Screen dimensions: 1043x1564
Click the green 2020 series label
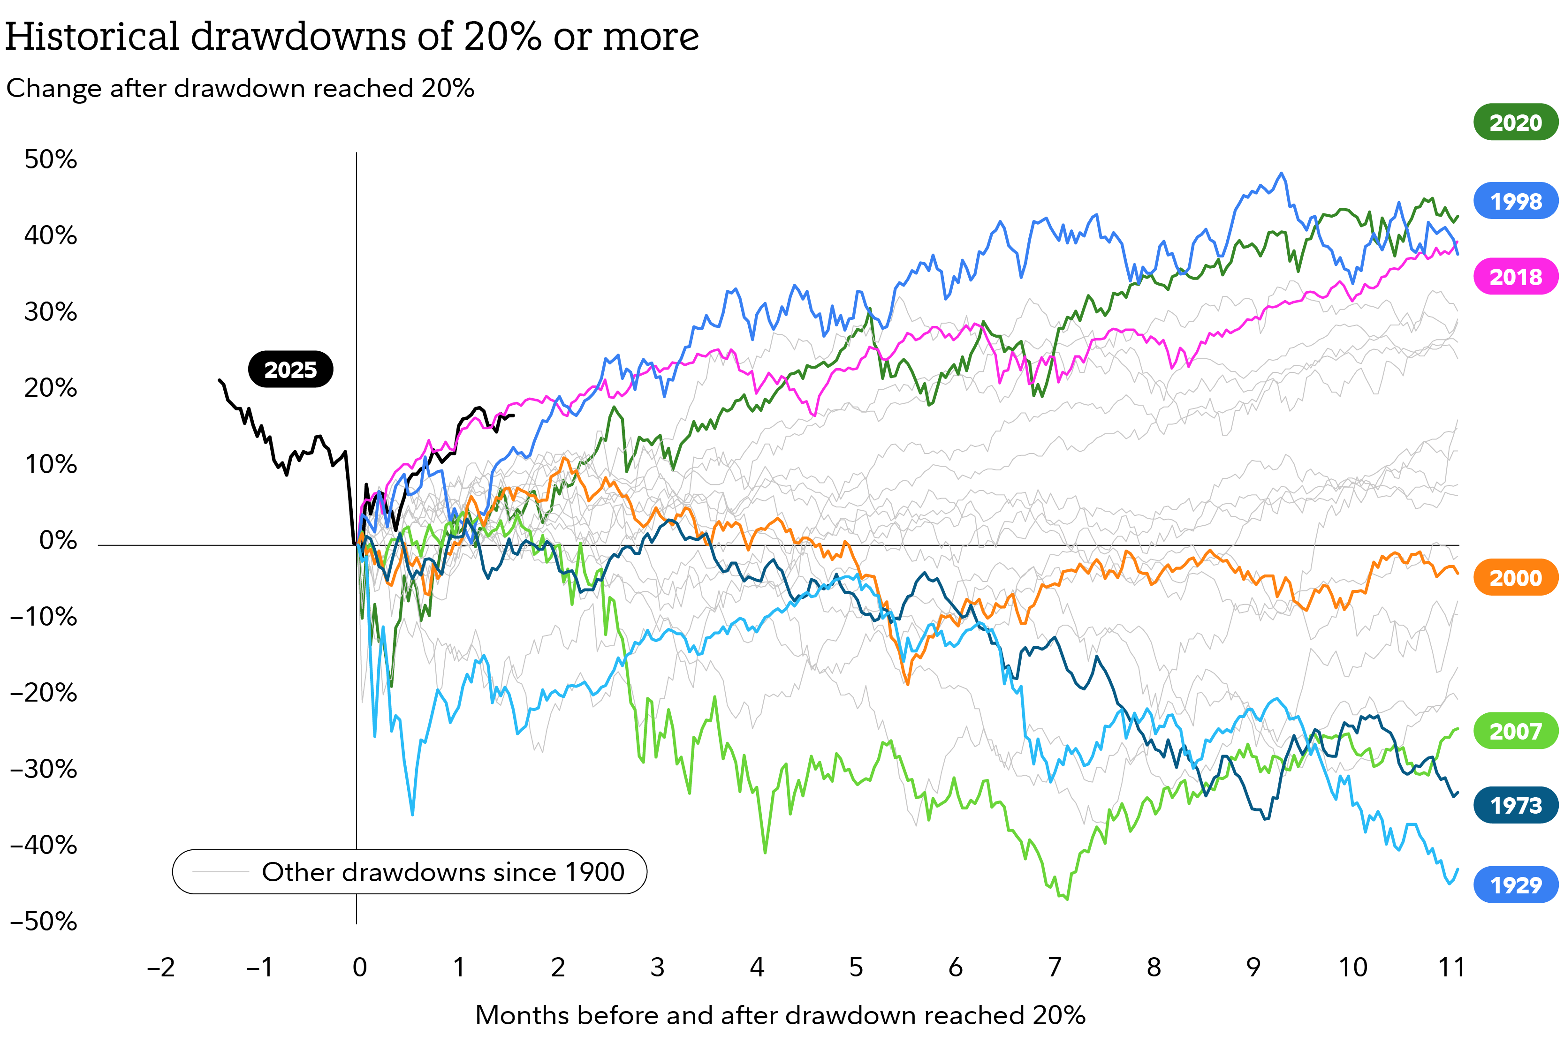(1515, 122)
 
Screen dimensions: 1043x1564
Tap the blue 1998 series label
(1515, 201)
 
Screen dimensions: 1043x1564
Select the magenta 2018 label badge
(1515, 276)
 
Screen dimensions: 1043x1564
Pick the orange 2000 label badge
(1515, 577)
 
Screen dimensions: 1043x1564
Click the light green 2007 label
(1515, 731)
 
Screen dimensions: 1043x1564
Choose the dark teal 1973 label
(1515, 806)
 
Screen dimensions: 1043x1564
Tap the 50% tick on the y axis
(51, 159)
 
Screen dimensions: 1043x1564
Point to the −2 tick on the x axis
(160, 967)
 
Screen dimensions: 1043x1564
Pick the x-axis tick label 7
(1055, 967)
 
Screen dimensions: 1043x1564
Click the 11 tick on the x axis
(1451, 967)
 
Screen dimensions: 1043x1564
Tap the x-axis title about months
(780, 1015)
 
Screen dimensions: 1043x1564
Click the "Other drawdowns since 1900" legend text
(443, 871)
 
